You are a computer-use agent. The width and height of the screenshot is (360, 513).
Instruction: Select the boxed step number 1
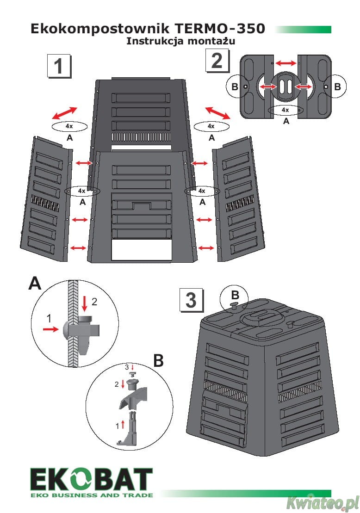(x=59, y=67)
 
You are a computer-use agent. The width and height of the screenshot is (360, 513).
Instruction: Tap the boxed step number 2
(x=217, y=61)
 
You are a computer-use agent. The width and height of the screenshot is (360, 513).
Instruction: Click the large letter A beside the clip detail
(x=35, y=283)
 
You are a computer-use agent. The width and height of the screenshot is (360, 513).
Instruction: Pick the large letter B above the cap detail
(x=158, y=361)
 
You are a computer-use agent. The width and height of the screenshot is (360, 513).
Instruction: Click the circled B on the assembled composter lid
(x=235, y=295)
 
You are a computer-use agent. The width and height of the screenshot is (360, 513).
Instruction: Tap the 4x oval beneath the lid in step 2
(x=286, y=110)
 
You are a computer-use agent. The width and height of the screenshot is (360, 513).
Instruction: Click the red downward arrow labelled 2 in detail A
(x=84, y=303)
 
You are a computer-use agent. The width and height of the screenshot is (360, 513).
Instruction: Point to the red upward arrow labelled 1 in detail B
(x=123, y=424)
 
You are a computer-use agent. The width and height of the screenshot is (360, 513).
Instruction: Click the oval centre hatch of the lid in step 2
(x=285, y=87)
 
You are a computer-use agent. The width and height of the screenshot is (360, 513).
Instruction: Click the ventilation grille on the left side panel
(x=45, y=202)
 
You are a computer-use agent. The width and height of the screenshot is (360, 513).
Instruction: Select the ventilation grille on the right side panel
(x=239, y=205)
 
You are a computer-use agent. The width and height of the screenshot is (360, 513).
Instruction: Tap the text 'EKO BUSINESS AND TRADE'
(x=91, y=495)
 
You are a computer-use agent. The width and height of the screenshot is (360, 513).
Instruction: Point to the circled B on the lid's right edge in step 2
(x=337, y=87)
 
